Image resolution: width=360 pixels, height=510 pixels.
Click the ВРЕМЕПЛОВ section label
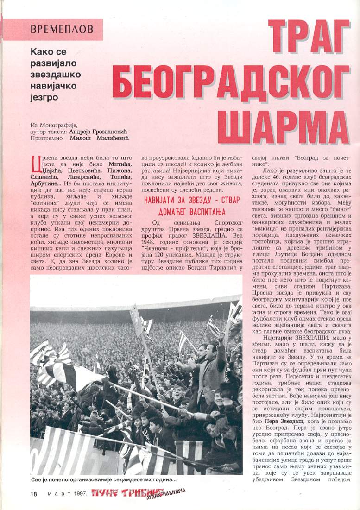[62, 29]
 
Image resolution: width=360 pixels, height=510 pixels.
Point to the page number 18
[33, 494]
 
